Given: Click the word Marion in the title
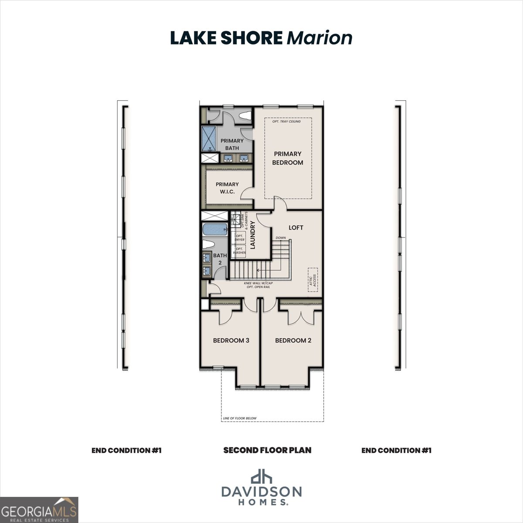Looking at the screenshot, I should tap(319, 38).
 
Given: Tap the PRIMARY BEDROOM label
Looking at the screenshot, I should tap(287, 158).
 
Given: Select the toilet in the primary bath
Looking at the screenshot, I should tap(245, 116).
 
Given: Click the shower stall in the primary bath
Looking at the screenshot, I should tap(209, 138).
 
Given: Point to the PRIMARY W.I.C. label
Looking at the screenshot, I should tap(227, 188).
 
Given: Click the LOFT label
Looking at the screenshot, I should tap(296, 228).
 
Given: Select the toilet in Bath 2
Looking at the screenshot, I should tap(209, 245).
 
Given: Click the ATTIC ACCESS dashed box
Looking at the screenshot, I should tap(313, 279).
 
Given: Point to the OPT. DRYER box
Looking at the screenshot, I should tap(239, 238).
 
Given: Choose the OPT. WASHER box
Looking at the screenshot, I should tap(239, 251).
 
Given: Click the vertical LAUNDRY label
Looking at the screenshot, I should tap(252, 234).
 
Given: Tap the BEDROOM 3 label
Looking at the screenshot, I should tap(231, 340).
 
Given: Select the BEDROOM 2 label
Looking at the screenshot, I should tap(293, 340).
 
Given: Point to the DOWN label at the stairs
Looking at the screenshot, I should tap(281, 238).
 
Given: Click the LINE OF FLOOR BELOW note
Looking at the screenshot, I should tap(240, 418).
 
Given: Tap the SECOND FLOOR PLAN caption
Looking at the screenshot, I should tap(267, 450).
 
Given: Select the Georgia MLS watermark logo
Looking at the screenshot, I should tap(39, 510).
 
